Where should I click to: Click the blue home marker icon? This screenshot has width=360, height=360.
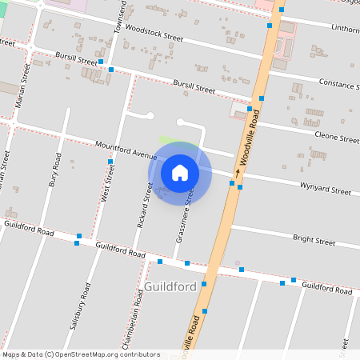click(180, 172)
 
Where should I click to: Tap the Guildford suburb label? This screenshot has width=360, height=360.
click(170, 286)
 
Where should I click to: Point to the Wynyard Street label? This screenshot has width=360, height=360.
click(325, 190)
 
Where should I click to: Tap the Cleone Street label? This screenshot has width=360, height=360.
click(337, 138)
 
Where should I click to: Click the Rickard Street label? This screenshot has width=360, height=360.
click(144, 204)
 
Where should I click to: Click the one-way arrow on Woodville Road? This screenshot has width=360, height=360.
click(238, 172)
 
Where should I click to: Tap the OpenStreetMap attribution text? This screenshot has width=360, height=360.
click(80, 354)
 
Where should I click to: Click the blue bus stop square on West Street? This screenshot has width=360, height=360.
click(110, 162)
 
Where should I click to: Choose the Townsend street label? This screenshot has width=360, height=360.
click(121, 18)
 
